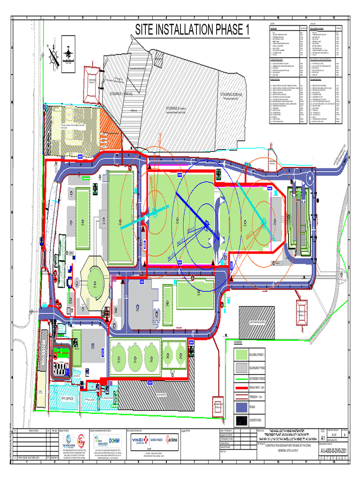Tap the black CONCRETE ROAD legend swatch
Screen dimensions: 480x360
pyautogui.click(x=241, y=420)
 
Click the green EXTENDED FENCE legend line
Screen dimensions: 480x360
pyautogui.click(x=241, y=378)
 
